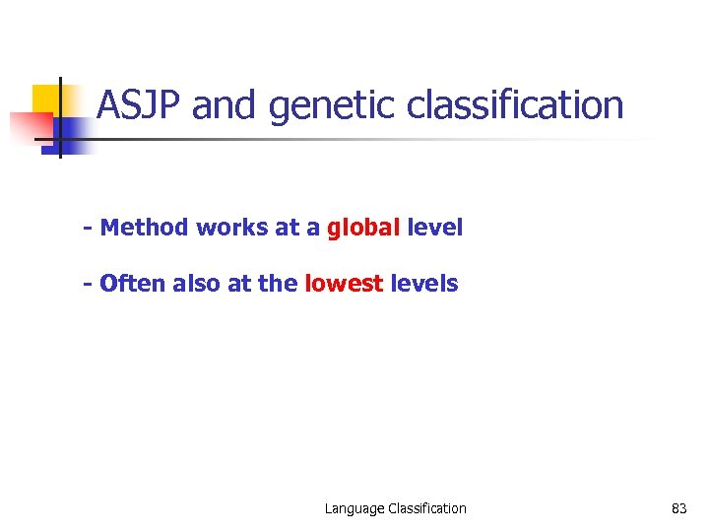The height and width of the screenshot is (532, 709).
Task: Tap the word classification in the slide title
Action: click(515, 105)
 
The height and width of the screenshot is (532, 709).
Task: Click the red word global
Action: click(363, 228)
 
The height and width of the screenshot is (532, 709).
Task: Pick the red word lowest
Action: click(345, 284)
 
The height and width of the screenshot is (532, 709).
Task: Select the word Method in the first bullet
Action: click(146, 228)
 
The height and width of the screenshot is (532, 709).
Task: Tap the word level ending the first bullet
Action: click(434, 228)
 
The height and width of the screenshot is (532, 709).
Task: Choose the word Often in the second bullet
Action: click(133, 284)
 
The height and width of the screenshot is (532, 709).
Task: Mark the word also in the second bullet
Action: click(197, 284)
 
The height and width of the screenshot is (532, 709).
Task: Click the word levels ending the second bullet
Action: click(424, 284)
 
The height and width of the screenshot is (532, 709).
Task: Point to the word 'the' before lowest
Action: click(279, 284)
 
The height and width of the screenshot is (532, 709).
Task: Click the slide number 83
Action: click(678, 508)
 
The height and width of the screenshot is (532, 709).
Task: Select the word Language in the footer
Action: click(354, 508)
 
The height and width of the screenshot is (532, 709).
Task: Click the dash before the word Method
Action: click(89, 229)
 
